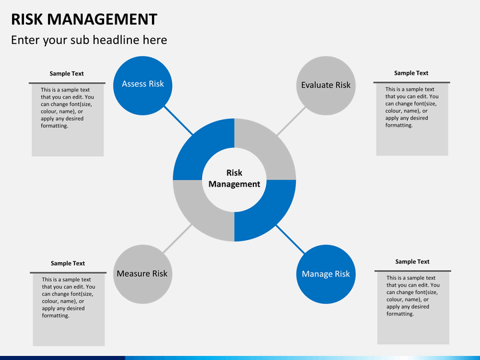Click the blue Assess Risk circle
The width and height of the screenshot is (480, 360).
tap(143, 86)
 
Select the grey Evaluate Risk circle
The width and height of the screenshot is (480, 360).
tap(326, 86)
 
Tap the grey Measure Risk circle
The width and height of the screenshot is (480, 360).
tap(143, 274)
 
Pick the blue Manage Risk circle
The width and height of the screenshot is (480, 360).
tap(326, 274)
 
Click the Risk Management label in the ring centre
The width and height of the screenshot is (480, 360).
tap(234, 179)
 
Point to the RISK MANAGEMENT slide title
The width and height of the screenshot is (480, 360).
tap(84, 19)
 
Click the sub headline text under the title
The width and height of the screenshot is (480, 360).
tap(89, 40)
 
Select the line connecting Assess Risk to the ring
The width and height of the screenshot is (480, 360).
tap(179, 121)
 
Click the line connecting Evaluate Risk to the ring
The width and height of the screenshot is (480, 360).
tap(291, 121)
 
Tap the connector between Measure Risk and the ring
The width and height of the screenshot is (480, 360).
tap(177, 239)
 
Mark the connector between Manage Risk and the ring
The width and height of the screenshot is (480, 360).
tap(291, 239)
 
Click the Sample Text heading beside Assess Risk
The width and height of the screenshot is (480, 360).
tap(67, 74)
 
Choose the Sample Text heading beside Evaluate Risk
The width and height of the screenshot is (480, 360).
tap(411, 73)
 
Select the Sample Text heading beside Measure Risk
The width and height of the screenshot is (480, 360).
tap(67, 263)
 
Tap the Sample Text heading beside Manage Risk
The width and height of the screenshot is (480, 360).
tap(413, 262)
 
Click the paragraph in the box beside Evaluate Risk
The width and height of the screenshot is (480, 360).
tap(412, 107)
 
